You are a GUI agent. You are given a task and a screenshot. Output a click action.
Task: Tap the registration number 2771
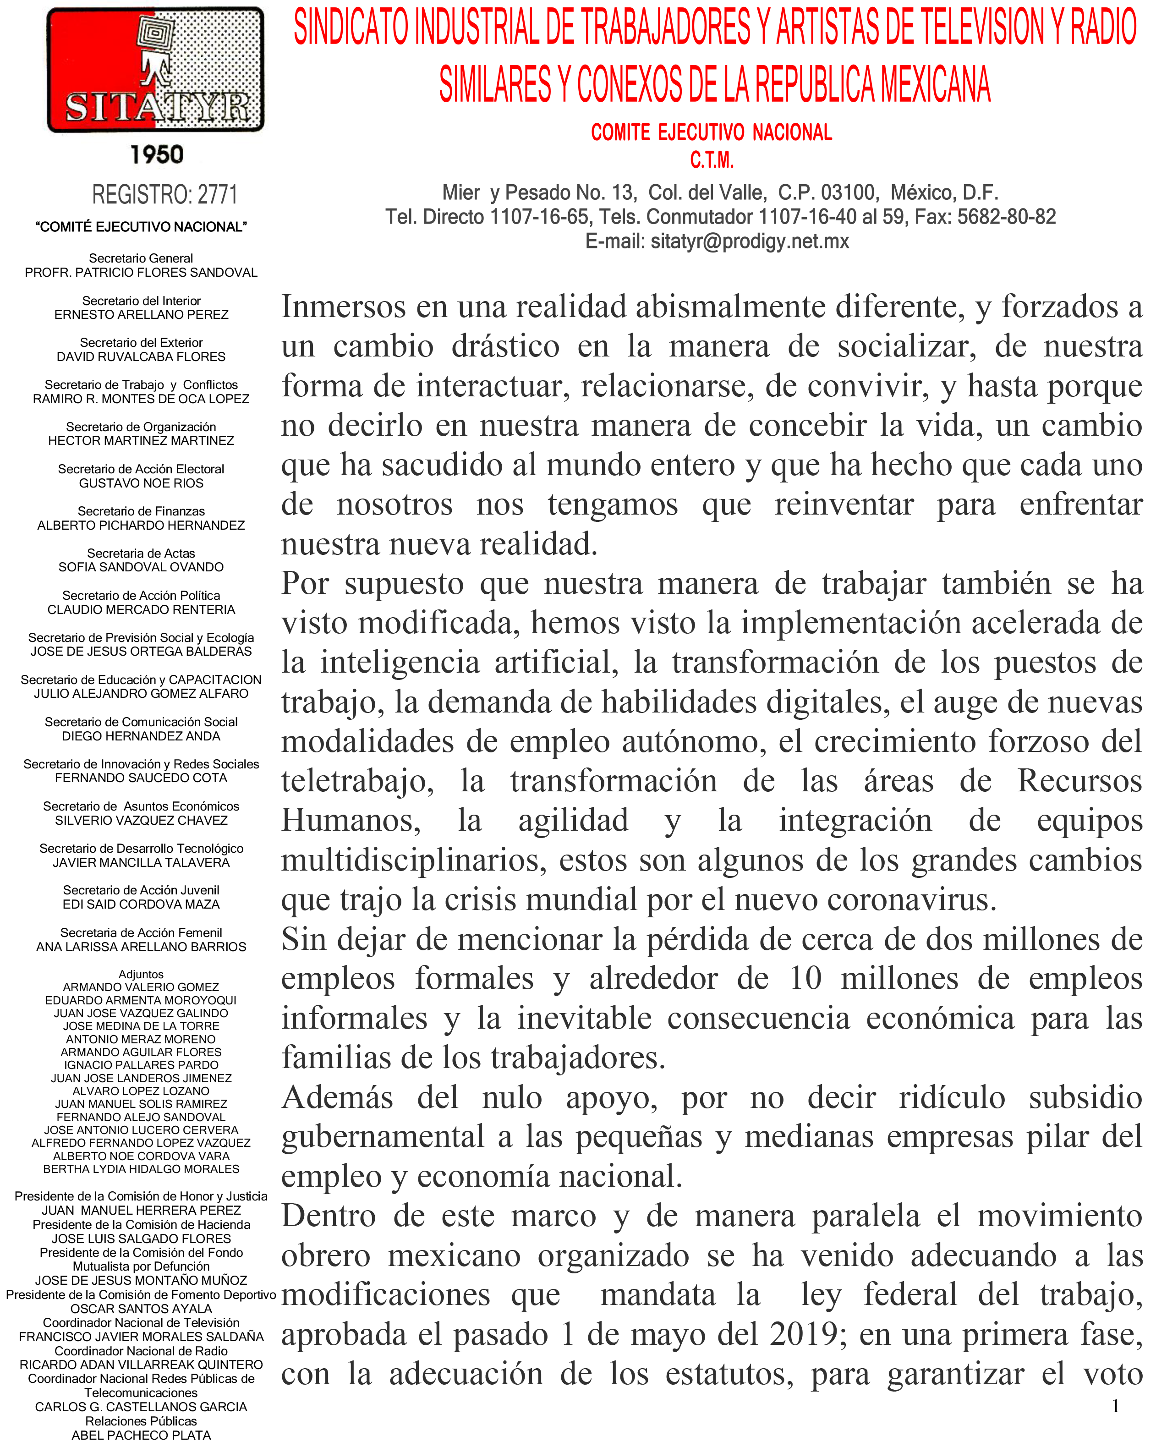pyautogui.click(x=217, y=195)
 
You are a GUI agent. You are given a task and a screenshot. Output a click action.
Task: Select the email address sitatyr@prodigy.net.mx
pyautogui.click(x=750, y=241)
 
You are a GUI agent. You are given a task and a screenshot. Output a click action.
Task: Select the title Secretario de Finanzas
pyautogui.click(x=141, y=511)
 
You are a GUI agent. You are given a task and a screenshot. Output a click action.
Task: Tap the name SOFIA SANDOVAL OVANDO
pyautogui.click(x=141, y=567)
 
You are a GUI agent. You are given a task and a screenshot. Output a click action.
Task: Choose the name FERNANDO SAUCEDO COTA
pyautogui.click(x=141, y=778)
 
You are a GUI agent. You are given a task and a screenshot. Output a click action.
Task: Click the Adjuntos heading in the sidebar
pyautogui.click(x=141, y=975)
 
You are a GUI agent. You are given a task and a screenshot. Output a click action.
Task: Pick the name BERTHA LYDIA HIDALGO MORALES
pyautogui.click(x=141, y=1169)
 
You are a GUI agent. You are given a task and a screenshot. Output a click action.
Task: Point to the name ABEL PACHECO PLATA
pyautogui.click(x=141, y=1435)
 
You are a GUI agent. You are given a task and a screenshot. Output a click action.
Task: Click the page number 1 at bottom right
pyautogui.click(x=1116, y=1406)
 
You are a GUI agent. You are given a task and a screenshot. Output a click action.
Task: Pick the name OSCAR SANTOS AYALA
pyautogui.click(x=141, y=1309)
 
